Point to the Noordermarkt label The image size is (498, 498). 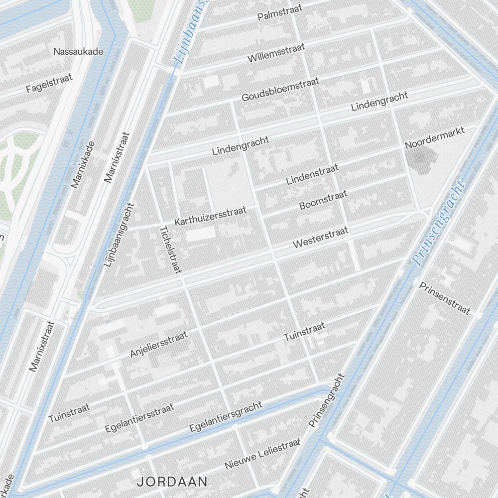pos(435,138)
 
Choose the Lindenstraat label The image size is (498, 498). pos(312,174)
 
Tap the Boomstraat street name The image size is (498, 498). pos(323,200)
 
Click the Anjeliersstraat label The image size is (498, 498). pos(158,344)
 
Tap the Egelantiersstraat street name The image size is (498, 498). pos(139,418)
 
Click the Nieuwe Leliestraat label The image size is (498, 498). pos(262,453)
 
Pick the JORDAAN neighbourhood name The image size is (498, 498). pos(172,482)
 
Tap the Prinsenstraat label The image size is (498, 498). pos(444,298)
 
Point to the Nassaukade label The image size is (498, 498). pos(78,51)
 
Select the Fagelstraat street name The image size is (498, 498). pos(49,83)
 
